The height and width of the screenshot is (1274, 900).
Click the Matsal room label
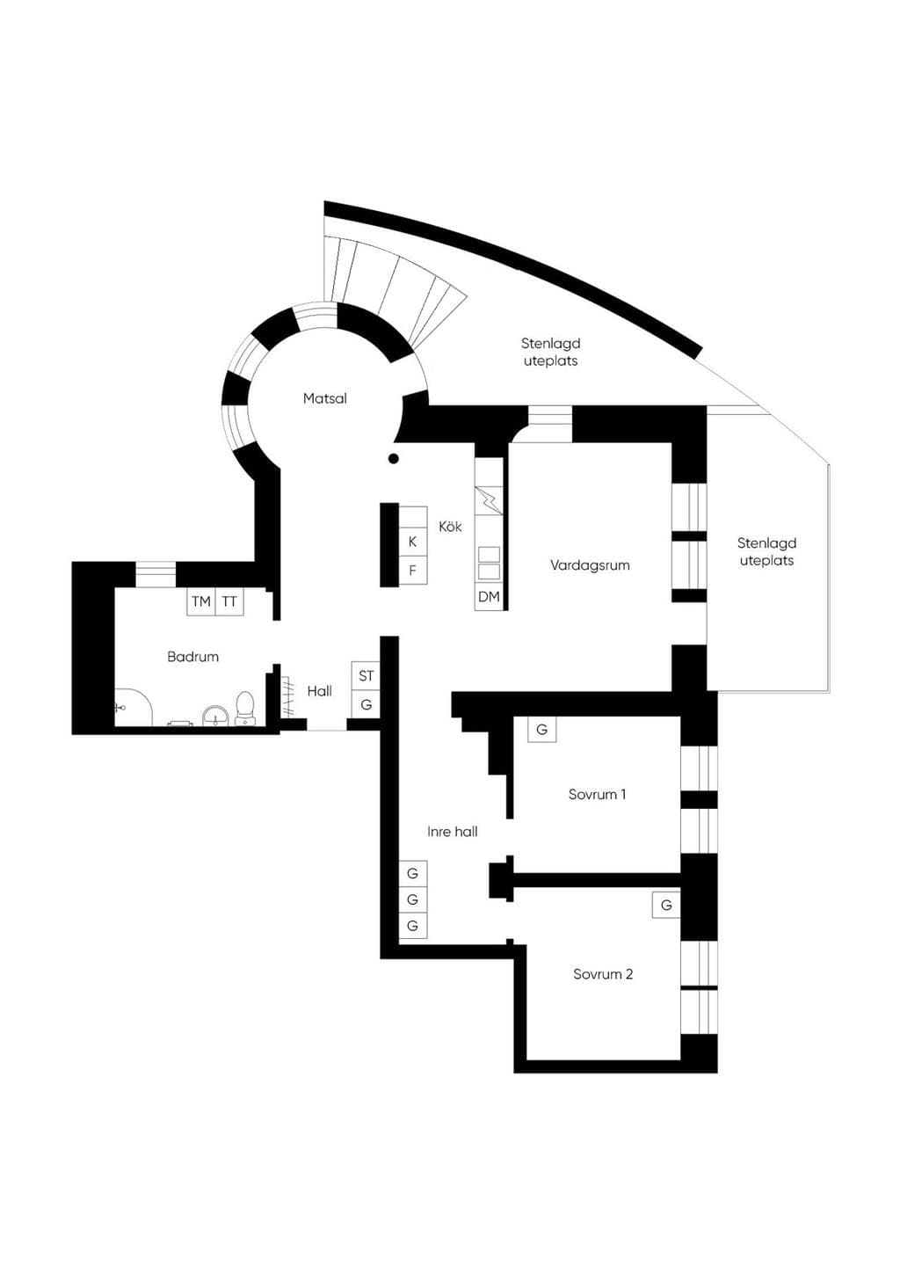[324, 398]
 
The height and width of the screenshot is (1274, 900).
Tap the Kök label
[450, 526]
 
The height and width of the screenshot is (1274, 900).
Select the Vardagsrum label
[590, 565]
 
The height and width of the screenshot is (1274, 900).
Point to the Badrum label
[192, 656]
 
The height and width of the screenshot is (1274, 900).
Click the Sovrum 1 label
[597, 794]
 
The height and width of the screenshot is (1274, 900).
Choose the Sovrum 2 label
[603, 973]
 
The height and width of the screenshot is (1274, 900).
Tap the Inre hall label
[452, 832]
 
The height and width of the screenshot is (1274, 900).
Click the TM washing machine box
[201, 601]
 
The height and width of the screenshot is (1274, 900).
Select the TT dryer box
[229, 601]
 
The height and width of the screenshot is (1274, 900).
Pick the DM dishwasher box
[489, 596]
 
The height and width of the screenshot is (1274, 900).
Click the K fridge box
[413, 542]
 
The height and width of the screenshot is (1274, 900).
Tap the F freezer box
[413, 570]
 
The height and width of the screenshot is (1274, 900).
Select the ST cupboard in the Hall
[366, 675]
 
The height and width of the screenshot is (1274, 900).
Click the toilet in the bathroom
[244, 708]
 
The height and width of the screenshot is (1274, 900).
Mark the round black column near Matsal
[393, 458]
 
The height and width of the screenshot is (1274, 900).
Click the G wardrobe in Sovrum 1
[541, 729]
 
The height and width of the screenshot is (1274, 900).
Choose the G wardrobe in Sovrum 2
[666, 905]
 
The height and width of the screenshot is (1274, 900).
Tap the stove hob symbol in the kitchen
[489, 500]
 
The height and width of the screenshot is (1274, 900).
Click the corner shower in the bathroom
[134, 707]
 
